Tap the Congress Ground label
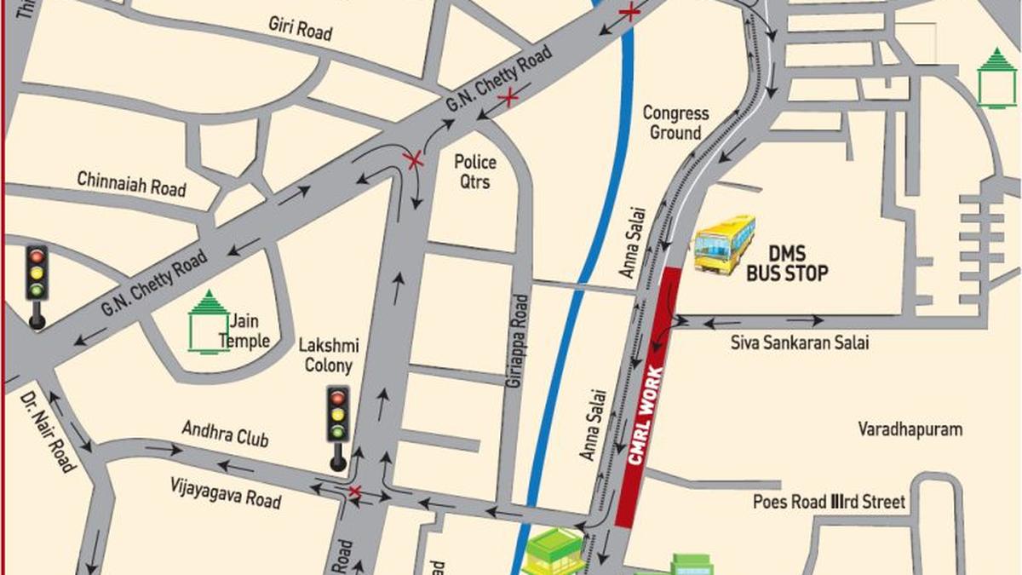pyautogui.click(x=675, y=123)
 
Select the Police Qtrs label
pyautogui.click(x=474, y=171)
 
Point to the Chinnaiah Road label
pyautogui.click(x=131, y=182)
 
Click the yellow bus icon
pyautogui.click(x=724, y=244)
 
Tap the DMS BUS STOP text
pyautogui.click(x=787, y=264)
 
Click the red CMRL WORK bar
pyautogui.click(x=649, y=397)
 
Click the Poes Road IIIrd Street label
pyautogui.click(x=828, y=502)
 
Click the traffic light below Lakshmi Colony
pyautogui.click(x=338, y=426)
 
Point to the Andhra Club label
pyautogui.click(x=225, y=434)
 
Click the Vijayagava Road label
pyautogui.click(x=227, y=492)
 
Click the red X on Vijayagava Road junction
pyautogui.click(x=355, y=492)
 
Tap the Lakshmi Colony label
pyautogui.click(x=329, y=356)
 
